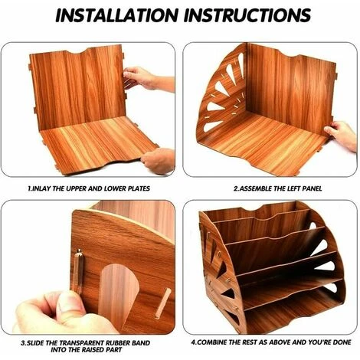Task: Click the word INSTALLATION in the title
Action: (x=116, y=15)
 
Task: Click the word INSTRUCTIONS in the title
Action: (x=247, y=15)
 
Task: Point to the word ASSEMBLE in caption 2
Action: (x=256, y=188)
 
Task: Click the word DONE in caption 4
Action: (x=342, y=342)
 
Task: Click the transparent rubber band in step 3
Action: (x=78, y=271)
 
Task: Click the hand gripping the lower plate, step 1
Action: (x=158, y=161)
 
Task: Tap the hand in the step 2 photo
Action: (x=342, y=136)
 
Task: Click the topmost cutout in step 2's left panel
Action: (x=241, y=64)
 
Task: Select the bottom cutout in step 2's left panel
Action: (x=212, y=126)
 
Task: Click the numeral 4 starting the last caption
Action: (x=193, y=342)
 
